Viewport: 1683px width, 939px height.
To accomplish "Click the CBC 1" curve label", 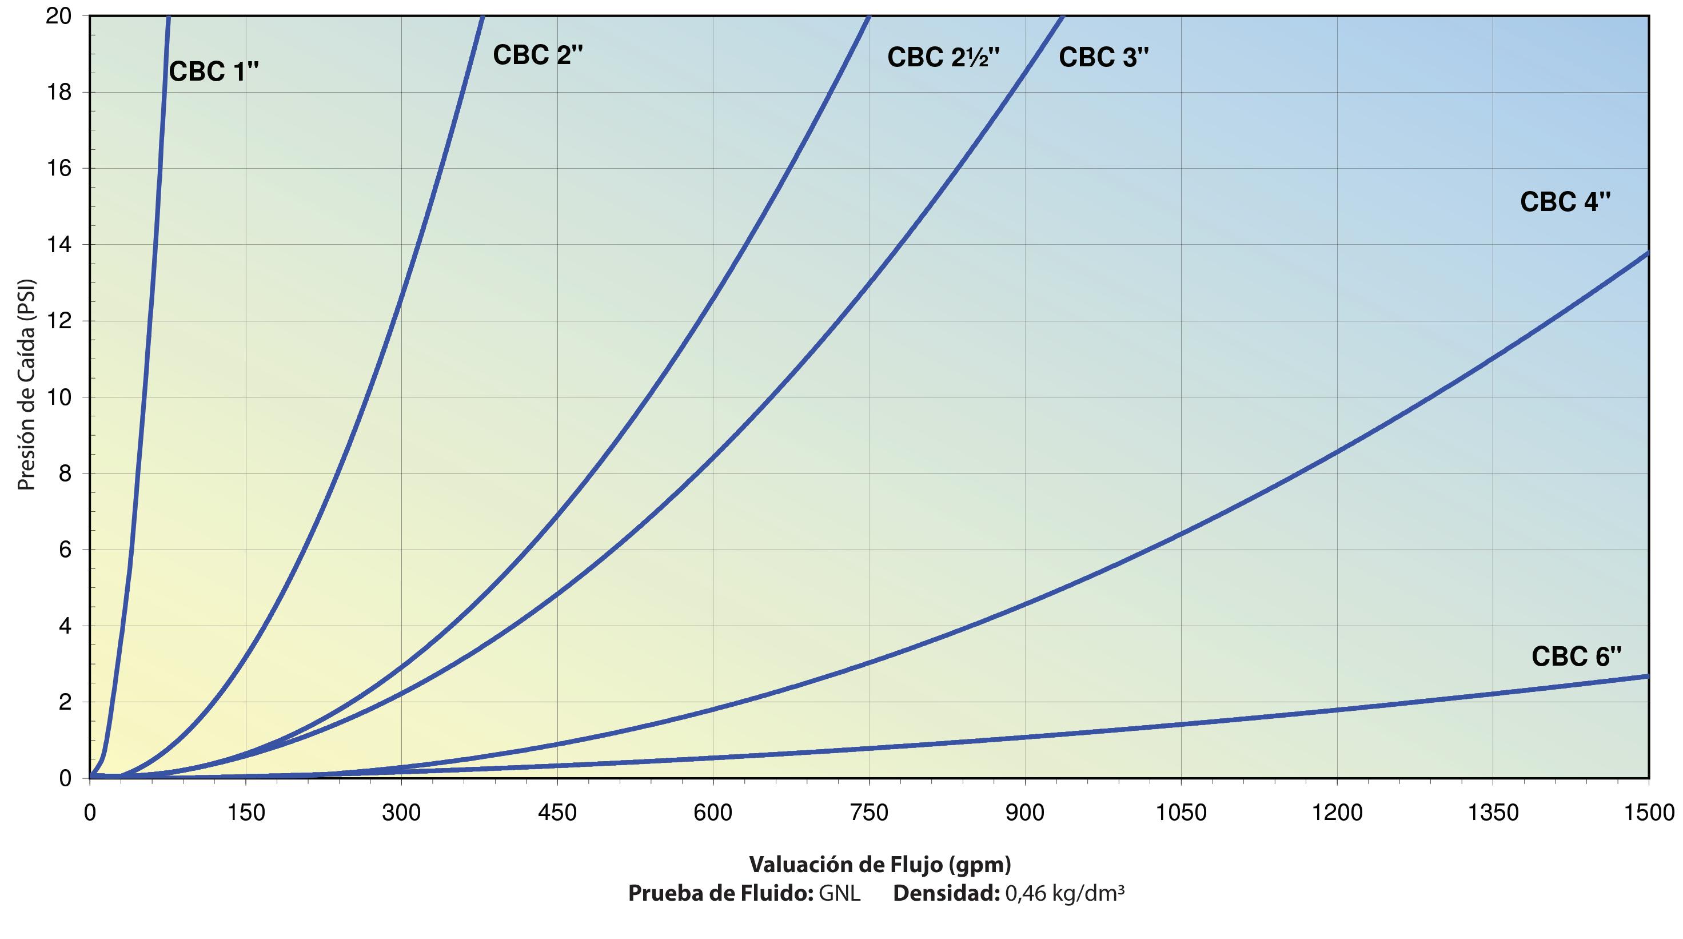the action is pyautogui.click(x=214, y=71).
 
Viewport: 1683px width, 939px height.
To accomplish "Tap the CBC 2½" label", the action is pyautogui.click(x=943, y=58).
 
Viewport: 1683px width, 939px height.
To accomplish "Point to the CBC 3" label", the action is pyautogui.click(x=1103, y=58).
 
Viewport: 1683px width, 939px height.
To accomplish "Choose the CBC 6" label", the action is pyautogui.click(x=1577, y=656).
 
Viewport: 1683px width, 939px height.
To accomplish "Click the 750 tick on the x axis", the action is pyautogui.click(x=869, y=812).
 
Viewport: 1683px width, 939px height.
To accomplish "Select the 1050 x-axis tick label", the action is pyautogui.click(x=1181, y=812).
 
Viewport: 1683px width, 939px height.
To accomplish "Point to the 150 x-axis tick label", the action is pyautogui.click(x=246, y=812).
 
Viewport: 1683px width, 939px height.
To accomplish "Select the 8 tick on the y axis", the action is pyautogui.click(x=65, y=473).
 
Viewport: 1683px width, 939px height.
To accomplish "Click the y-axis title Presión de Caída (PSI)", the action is pyautogui.click(x=26, y=385).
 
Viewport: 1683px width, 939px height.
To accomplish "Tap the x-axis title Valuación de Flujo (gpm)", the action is pyautogui.click(x=880, y=865).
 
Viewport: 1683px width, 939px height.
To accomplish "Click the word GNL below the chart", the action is pyautogui.click(x=840, y=893).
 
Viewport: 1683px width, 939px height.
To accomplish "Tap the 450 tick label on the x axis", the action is pyautogui.click(x=557, y=812).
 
